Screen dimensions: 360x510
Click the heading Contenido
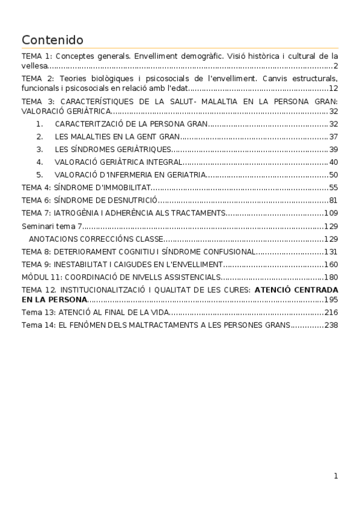[52, 40]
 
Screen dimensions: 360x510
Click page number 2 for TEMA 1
[335, 66]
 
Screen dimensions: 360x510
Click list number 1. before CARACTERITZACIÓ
[40, 124]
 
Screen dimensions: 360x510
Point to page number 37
[334, 137]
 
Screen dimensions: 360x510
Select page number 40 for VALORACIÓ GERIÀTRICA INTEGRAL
[334, 162]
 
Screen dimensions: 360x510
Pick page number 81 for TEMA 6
[334, 200]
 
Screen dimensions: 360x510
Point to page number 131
[331, 251]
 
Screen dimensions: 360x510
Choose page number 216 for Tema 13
[331, 312]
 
